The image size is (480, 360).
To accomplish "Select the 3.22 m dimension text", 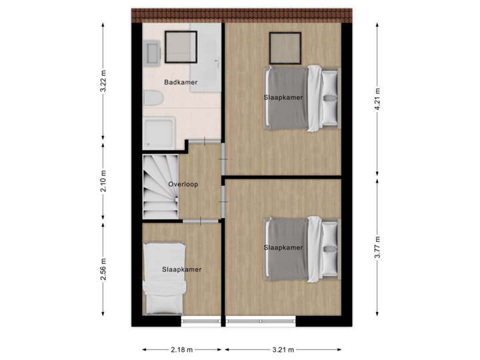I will point(103,82).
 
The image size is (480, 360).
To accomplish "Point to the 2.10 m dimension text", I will point(103,183).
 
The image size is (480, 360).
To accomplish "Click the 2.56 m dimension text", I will point(103,269).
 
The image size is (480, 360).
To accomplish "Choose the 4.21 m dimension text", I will point(377,100).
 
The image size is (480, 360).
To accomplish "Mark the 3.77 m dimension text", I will point(377,246).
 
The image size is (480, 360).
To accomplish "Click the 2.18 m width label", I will point(182,349).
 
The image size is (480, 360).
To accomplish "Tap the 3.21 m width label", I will point(283,349).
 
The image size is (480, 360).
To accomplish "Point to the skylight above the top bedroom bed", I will point(285,45).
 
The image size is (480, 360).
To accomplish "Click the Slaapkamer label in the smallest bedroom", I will point(181,269).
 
